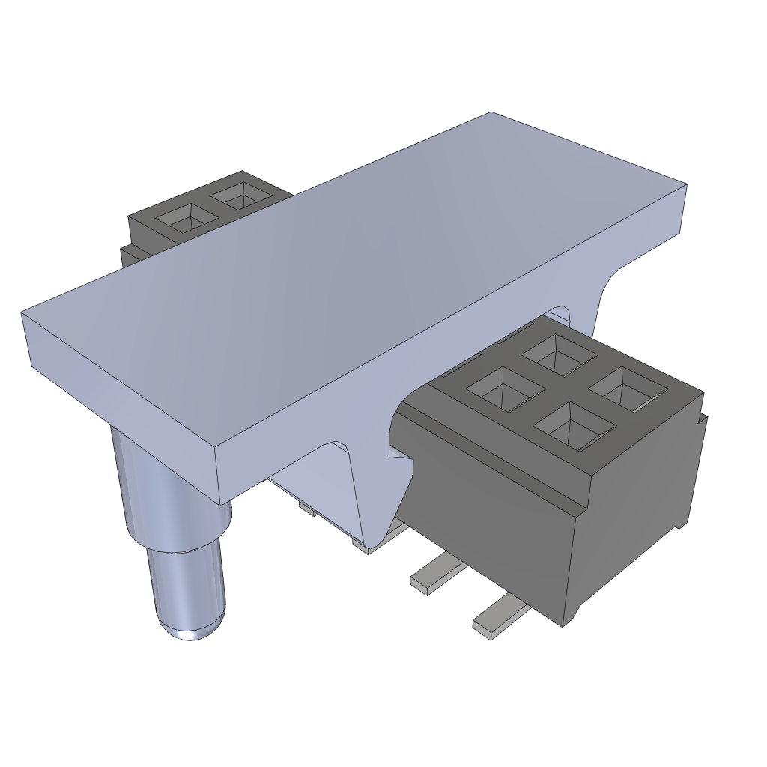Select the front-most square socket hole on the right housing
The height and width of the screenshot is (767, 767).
[574, 427]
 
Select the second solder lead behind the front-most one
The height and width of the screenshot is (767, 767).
[436, 577]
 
